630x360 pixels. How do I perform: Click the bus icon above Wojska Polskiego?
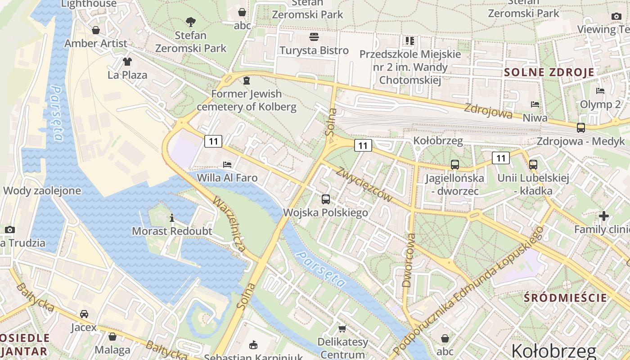point(326,199)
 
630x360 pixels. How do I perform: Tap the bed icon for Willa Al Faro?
point(227,165)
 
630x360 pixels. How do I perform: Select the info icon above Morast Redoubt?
point(172,218)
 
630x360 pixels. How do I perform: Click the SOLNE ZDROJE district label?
point(549,72)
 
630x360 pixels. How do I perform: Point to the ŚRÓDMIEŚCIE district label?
point(566,297)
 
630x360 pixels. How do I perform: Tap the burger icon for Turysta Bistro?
point(314,36)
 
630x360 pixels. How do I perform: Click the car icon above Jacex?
point(84,314)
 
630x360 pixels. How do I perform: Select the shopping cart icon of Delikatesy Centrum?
point(342,329)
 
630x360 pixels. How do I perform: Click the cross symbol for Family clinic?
point(603,216)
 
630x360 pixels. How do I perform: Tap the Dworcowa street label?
point(409,260)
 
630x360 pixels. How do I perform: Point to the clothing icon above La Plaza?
point(127,61)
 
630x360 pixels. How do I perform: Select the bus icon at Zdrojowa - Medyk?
point(581,127)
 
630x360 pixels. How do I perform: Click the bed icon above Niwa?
point(535,104)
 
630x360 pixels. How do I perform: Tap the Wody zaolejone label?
point(42,190)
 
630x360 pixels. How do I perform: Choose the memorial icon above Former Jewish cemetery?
point(246,81)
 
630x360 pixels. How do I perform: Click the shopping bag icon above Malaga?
point(112,336)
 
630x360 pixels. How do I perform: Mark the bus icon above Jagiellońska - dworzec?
point(455,165)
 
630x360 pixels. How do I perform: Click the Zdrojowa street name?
point(488,111)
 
